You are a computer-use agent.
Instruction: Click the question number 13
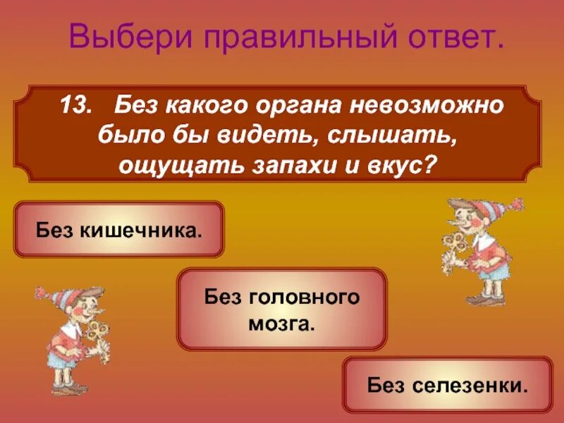75,107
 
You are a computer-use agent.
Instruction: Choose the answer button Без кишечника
119,230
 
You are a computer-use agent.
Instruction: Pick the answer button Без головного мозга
282,309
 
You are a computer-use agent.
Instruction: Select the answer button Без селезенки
448,385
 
